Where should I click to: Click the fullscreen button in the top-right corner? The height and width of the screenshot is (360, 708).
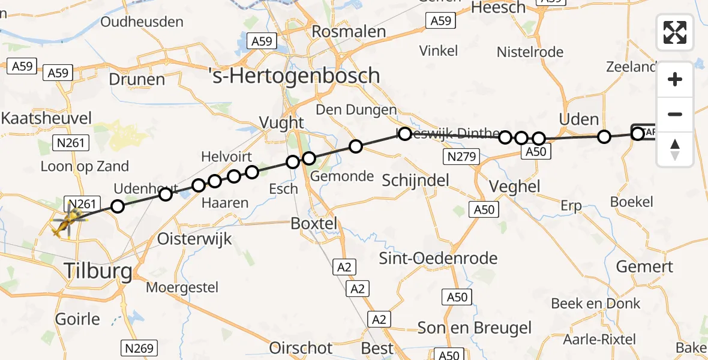(x=675, y=32)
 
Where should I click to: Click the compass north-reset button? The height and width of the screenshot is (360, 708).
(x=675, y=149)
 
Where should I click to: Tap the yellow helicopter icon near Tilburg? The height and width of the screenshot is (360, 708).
(x=68, y=223)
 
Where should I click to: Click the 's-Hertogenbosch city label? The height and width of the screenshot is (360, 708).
(x=294, y=76)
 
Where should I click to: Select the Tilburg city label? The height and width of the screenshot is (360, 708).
(x=98, y=272)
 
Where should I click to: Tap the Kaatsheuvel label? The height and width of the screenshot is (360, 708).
(x=47, y=118)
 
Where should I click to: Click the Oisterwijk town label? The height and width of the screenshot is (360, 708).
(x=194, y=238)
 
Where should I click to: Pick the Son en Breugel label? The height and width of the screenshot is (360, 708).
(x=475, y=328)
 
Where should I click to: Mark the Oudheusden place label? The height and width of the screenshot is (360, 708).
(x=142, y=22)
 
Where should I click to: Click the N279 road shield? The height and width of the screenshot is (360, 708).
(x=462, y=157)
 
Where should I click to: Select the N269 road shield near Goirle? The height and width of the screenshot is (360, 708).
(x=139, y=347)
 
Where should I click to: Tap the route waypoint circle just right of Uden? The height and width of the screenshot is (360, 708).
(x=604, y=137)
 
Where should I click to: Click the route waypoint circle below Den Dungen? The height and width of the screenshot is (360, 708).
(x=356, y=146)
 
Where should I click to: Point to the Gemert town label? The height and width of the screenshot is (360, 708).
(x=645, y=266)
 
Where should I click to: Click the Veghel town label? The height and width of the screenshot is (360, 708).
(x=515, y=186)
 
